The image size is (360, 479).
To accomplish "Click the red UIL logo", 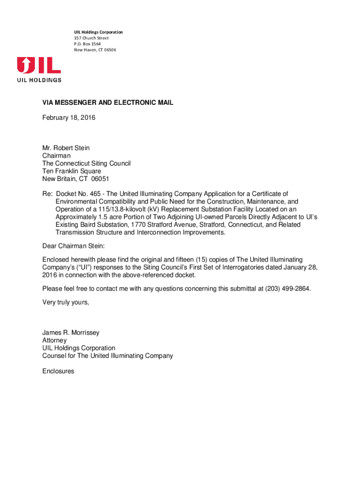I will tap(39, 65).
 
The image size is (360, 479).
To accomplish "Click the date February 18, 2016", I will tap(69, 118).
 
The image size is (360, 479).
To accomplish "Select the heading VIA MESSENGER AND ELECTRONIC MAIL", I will tap(108, 103).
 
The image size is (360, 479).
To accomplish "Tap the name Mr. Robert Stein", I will tap(66, 148).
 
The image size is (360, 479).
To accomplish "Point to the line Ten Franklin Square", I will tap(72, 171).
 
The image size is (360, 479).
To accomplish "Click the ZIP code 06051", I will tap(101, 179).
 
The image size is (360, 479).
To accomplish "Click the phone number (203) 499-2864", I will tap(288, 289).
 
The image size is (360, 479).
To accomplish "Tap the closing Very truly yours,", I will tap(65, 302).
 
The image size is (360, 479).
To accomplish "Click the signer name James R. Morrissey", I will tap(71, 333).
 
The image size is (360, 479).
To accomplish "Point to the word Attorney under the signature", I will tap(54, 341).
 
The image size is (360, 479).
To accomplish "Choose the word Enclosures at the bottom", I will tap(58, 371).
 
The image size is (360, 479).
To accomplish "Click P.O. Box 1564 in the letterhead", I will tap(87, 44).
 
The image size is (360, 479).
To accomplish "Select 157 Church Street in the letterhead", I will tap(91, 38).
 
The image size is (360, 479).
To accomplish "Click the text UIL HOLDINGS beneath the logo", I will tap(39, 80).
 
